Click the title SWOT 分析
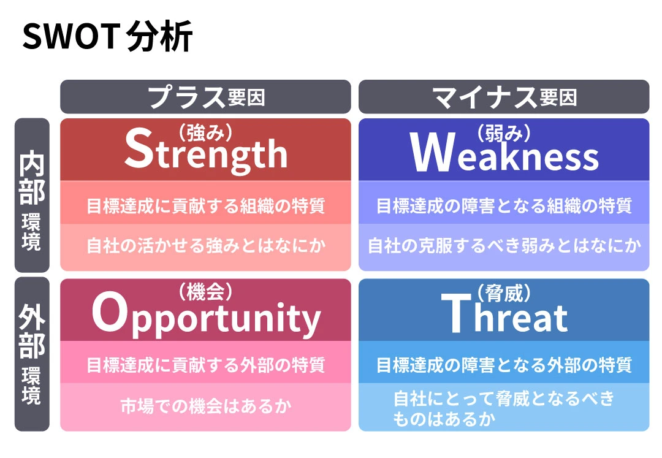tap(108, 36)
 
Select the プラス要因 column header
tap(205, 97)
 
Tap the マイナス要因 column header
tap(504, 97)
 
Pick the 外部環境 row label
tap(32, 354)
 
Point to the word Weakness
tap(504, 153)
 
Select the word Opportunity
tap(206, 315)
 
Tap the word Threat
tap(504, 313)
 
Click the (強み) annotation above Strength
tap(205, 132)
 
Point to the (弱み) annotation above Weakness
tap(504, 134)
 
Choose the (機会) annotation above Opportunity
tap(205, 292)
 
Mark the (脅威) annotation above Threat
tap(504, 293)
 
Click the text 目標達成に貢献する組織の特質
tap(205, 206)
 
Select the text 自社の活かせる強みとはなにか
tap(206, 245)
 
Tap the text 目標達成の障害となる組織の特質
tap(504, 206)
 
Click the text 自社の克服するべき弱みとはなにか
tap(504, 245)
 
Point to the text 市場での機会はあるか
tap(205, 406)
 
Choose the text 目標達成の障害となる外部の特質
tap(504, 365)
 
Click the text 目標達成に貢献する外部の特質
tap(205, 365)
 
